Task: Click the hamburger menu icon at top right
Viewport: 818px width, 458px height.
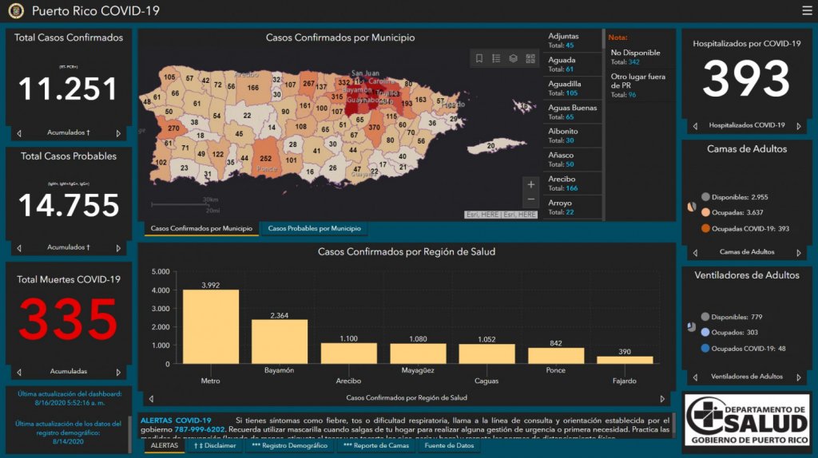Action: click(x=807, y=10)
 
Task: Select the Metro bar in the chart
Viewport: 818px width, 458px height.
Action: click(x=210, y=326)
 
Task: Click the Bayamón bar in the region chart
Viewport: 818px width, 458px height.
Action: click(x=279, y=342)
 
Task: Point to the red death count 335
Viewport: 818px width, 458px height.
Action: click(x=68, y=319)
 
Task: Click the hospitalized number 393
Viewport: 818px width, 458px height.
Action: click(x=745, y=79)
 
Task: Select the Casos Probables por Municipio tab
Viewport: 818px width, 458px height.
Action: click(x=314, y=229)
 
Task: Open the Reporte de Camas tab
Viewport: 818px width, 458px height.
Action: click(x=375, y=445)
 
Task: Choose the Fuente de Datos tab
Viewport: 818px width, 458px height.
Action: click(x=448, y=445)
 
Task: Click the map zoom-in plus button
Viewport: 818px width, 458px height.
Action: click(x=531, y=184)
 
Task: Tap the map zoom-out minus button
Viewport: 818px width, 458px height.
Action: click(x=531, y=199)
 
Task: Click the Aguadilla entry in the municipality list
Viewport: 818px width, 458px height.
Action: click(x=565, y=84)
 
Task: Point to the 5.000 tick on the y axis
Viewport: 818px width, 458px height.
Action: click(x=160, y=272)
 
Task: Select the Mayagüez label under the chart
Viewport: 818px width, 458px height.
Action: click(x=417, y=370)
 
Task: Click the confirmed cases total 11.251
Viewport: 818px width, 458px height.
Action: click(x=68, y=89)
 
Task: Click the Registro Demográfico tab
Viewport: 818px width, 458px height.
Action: click(x=289, y=445)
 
